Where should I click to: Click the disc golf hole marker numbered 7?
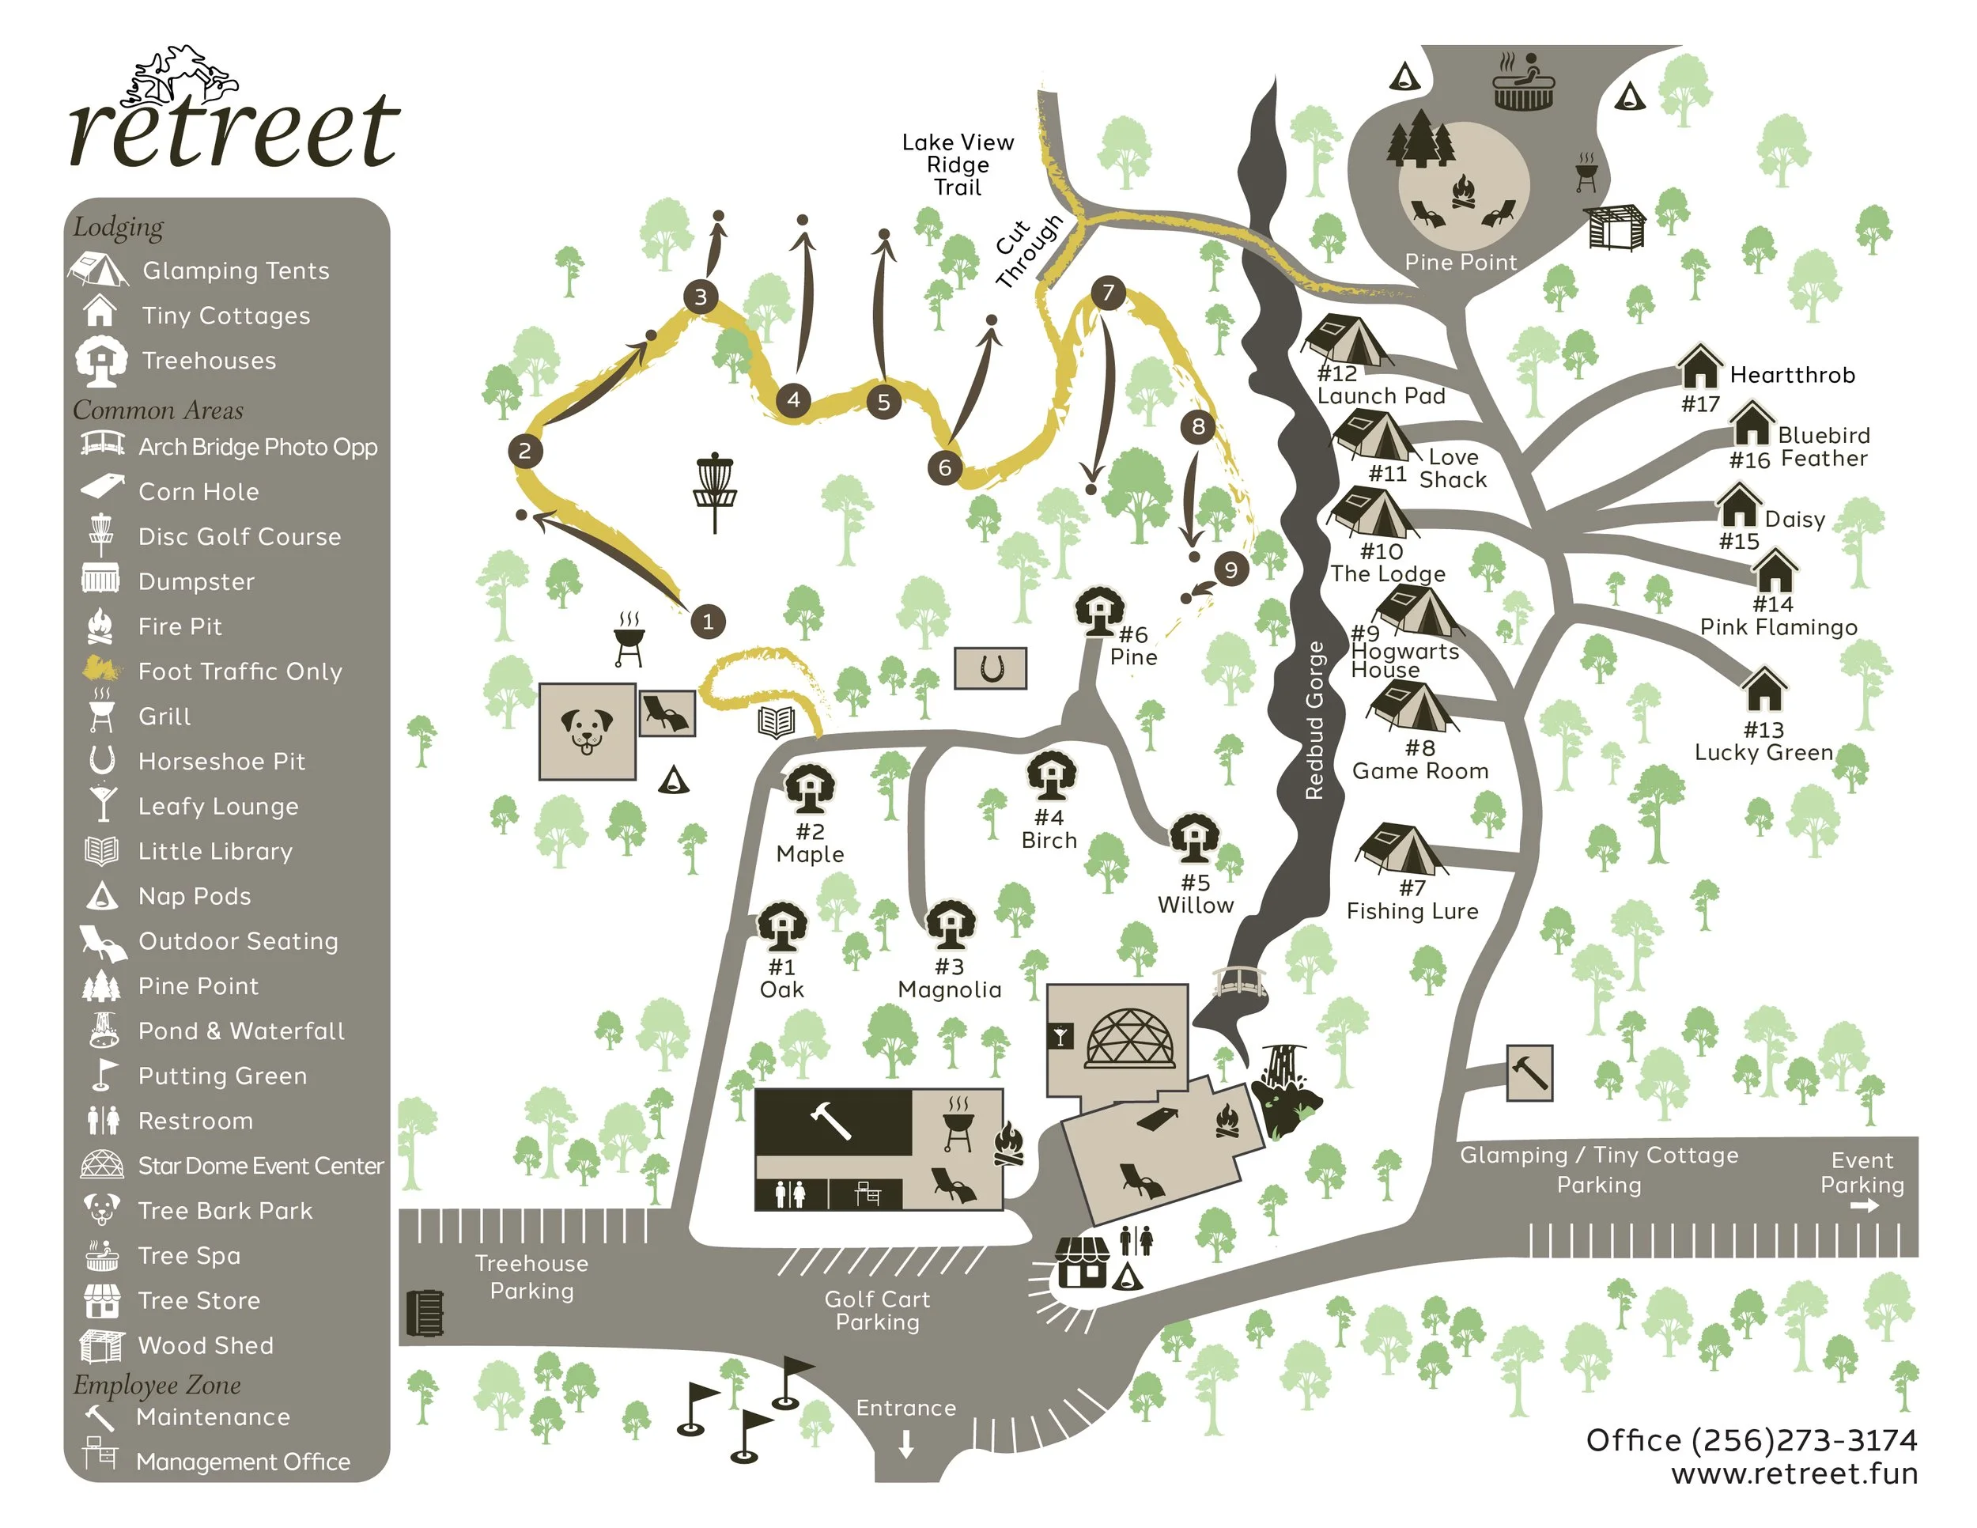[1108, 293]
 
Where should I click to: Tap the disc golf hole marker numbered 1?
[708, 621]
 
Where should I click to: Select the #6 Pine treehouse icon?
[1099, 612]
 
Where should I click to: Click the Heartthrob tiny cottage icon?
[1699, 368]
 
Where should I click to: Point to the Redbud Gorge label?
[1314, 720]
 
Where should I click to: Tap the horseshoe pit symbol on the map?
[991, 669]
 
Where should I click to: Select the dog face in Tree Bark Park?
[587, 731]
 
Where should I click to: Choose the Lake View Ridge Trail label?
[958, 165]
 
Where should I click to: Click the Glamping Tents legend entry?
[236, 270]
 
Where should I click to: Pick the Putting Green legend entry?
[221, 1076]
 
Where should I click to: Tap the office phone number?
[1751, 1439]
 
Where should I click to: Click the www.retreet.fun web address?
[1794, 1473]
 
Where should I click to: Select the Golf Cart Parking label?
[876, 1310]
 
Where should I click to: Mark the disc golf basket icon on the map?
[714, 490]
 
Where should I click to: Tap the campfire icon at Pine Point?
[1463, 193]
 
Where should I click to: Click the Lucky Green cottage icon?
[1763, 690]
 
